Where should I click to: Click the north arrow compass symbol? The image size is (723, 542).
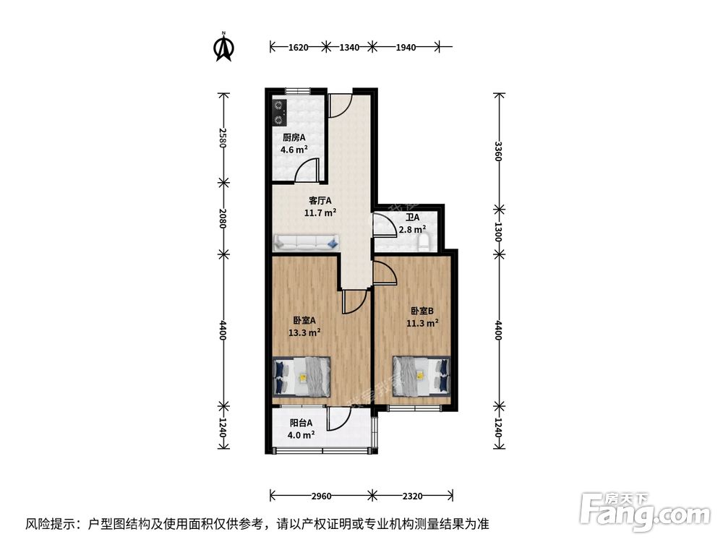pyautogui.click(x=224, y=47)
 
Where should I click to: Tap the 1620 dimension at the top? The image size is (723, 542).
pyautogui.click(x=299, y=47)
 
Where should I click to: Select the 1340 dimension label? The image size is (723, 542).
pyautogui.click(x=348, y=47)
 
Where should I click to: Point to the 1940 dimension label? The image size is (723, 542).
pyautogui.click(x=406, y=47)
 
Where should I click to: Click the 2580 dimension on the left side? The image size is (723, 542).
pyautogui.click(x=223, y=137)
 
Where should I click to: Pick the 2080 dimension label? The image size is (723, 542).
pyautogui.click(x=223, y=217)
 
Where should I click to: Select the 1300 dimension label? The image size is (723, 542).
pyautogui.click(x=497, y=231)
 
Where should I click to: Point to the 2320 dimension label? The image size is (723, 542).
pyautogui.click(x=412, y=496)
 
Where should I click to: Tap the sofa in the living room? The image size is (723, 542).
pyautogui.click(x=307, y=242)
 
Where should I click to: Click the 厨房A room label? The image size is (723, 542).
pyautogui.click(x=294, y=137)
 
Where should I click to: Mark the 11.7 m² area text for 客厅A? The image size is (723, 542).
pyautogui.click(x=320, y=213)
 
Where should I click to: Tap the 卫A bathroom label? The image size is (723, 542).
pyautogui.click(x=413, y=217)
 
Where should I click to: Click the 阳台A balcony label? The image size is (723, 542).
pyautogui.click(x=301, y=423)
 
